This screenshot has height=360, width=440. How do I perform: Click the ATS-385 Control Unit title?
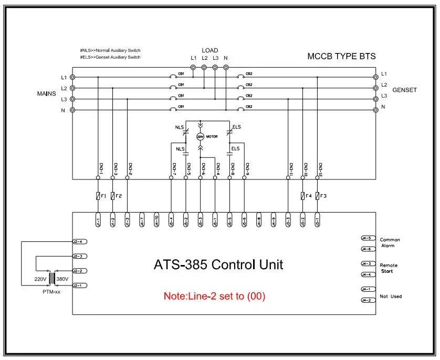[x=218, y=264]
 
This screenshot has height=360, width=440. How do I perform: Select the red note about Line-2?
[x=214, y=296]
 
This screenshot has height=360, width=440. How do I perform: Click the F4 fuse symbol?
[x=302, y=196]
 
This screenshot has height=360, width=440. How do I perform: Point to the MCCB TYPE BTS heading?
[x=341, y=56]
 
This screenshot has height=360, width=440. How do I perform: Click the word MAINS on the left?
[x=46, y=93]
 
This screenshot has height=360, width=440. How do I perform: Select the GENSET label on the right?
[x=404, y=90]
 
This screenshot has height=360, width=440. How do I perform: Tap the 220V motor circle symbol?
[x=200, y=136]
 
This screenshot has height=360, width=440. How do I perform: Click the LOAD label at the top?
[x=209, y=51]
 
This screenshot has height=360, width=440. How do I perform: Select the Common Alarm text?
[x=390, y=242]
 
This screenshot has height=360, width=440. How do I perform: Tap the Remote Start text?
[x=389, y=268]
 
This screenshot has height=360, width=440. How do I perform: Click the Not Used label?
[x=391, y=297]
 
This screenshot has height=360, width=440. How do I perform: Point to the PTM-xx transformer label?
[x=51, y=291]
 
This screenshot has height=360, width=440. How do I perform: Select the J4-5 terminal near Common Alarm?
[x=366, y=238]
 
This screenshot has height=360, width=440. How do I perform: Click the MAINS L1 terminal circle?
[x=72, y=77]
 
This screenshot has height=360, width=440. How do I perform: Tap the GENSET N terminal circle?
[x=375, y=110]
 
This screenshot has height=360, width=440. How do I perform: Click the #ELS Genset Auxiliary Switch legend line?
[x=110, y=57]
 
